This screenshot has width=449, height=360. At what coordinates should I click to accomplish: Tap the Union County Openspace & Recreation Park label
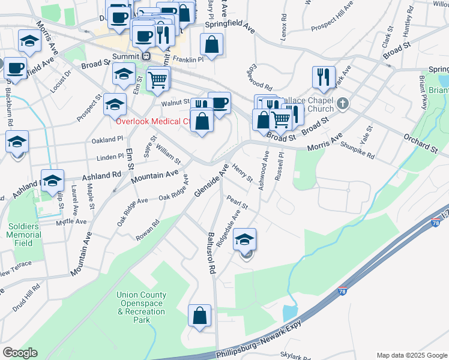[x=141, y=307]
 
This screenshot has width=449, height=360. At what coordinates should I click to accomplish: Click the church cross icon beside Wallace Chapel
[x=343, y=104]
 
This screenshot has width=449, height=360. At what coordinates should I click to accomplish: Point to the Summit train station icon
[x=146, y=56]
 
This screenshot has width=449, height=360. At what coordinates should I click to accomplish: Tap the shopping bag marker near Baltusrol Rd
[x=199, y=315]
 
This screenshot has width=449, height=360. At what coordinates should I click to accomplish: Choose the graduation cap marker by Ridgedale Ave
[x=245, y=239]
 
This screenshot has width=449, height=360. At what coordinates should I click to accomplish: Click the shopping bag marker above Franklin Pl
[x=211, y=44]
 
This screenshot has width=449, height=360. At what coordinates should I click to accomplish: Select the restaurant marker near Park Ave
[x=323, y=77]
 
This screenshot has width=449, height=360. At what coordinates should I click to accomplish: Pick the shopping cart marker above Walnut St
[x=158, y=79]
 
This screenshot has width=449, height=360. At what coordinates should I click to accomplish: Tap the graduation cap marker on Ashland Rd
[x=53, y=181]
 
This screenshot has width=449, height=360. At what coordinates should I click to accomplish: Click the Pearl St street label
[x=237, y=201]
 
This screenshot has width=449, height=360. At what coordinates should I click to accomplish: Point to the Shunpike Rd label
[x=357, y=151]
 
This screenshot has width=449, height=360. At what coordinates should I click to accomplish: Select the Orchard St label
[x=420, y=143]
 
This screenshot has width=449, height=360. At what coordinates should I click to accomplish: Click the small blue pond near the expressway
[x=289, y=313]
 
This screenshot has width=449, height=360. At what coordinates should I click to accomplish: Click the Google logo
[x=20, y=353]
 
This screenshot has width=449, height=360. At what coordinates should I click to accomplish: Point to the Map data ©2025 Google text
[x=412, y=355]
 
